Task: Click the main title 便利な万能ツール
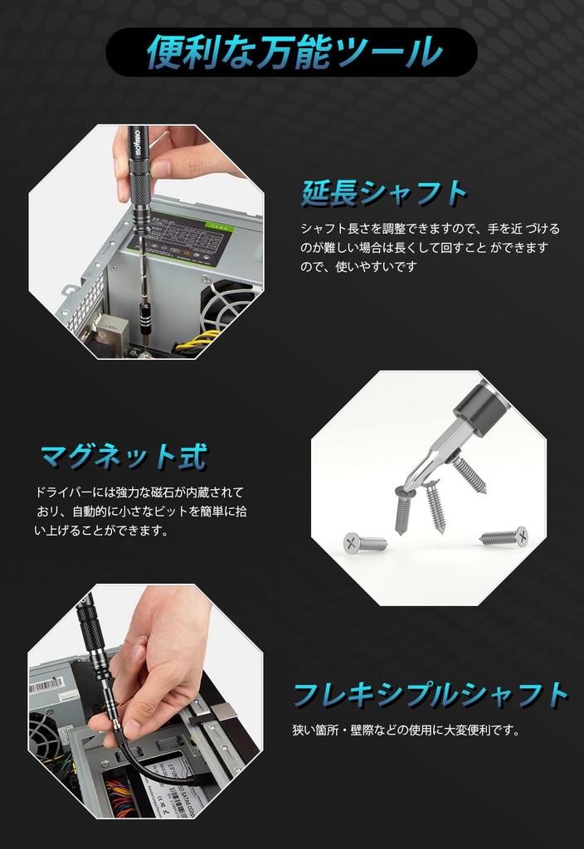click(292, 51)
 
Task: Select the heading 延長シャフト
click(384, 192)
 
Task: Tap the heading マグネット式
click(124, 455)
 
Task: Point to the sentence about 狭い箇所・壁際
click(406, 730)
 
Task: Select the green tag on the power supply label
click(221, 225)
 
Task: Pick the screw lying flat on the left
click(365, 543)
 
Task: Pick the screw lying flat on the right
click(504, 536)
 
